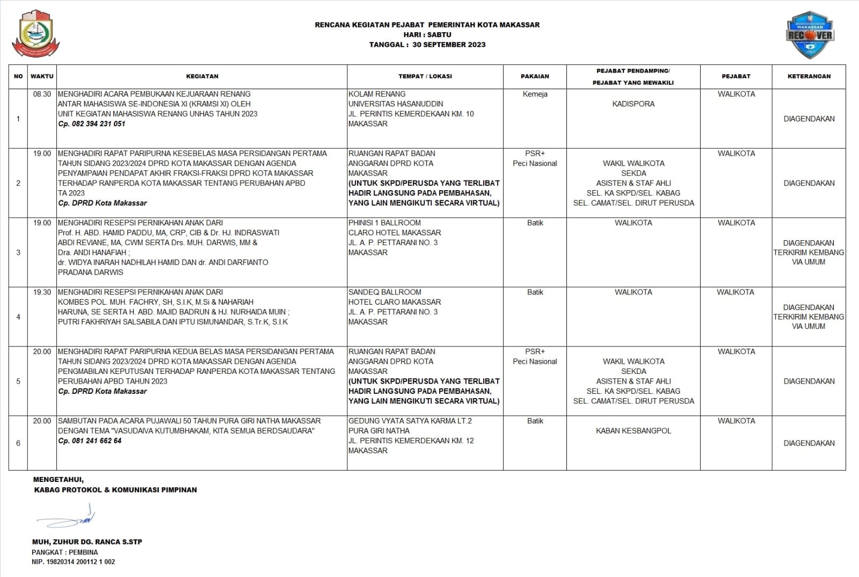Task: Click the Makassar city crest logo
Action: pos(36,33)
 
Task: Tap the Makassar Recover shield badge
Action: pos(810,35)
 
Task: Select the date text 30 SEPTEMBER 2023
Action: pos(449,45)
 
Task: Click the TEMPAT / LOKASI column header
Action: pos(425,76)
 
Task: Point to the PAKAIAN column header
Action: pos(535,76)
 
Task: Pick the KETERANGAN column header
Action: pos(809,76)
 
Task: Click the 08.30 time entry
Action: pos(42,94)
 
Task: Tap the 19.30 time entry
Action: pos(42,292)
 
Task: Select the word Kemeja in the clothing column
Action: pos(535,94)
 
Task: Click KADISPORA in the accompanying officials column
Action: pos(633,104)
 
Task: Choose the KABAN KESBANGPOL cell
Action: pos(633,431)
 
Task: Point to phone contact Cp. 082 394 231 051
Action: pos(92,124)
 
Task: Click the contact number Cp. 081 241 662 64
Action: pos(90,441)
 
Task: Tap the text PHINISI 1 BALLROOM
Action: pos(384,223)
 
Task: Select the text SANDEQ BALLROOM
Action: pos(384,292)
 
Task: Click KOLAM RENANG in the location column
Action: pos(377,94)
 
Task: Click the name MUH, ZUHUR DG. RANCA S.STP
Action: pos(87,542)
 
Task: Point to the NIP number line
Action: pos(73,562)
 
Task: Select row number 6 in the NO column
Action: pos(18,443)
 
